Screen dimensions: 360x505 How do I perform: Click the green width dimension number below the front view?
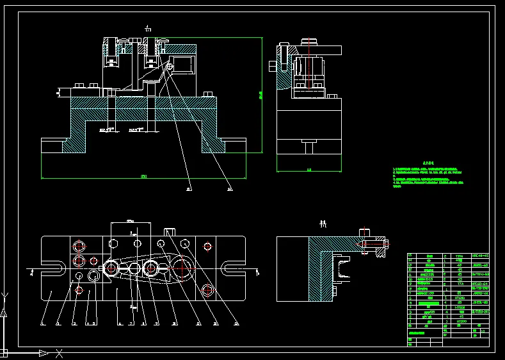(x=143, y=176)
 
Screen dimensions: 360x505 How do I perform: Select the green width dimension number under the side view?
(x=309, y=170)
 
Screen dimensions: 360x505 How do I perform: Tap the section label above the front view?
(x=148, y=28)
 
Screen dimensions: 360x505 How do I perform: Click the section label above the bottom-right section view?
(x=323, y=224)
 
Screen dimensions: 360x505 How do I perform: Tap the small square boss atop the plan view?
(x=170, y=232)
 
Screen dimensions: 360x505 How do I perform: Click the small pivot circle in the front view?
(x=169, y=65)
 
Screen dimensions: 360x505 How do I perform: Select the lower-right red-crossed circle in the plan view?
(x=207, y=290)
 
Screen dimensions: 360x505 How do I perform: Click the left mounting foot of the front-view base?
(x=52, y=145)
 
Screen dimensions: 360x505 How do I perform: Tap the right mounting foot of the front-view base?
(x=232, y=145)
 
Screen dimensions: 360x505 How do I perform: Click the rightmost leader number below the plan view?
(x=237, y=323)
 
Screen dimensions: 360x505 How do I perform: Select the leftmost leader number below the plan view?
(x=42, y=324)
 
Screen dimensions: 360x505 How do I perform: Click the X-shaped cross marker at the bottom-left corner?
(x=59, y=352)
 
